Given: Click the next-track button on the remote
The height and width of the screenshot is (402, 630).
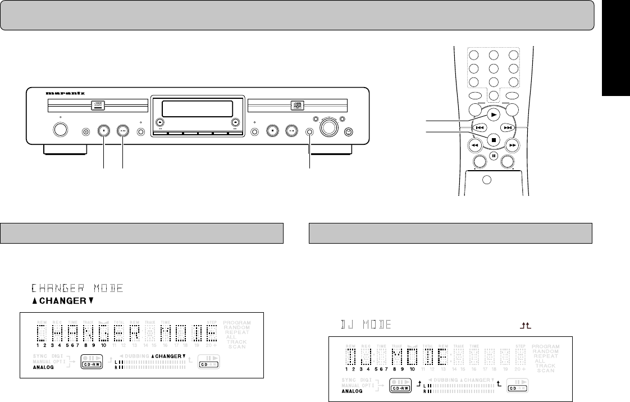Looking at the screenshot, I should pyautogui.click(x=508, y=127).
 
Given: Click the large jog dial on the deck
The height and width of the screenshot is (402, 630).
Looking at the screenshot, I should pyautogui.click(x=330, y=128).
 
